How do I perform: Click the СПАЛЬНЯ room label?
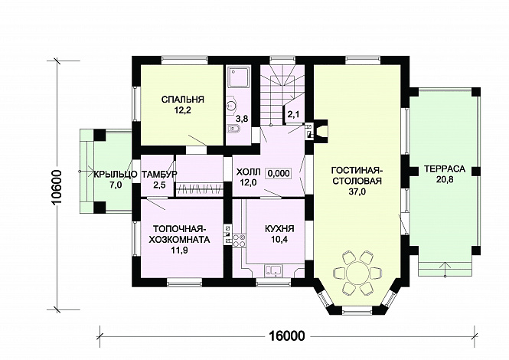click(x=183, y=100)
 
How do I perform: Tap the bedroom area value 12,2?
click(x=182, y=110)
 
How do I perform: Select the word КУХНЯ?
click(x=279, y=229)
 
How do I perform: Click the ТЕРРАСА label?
click(x=445, y=169)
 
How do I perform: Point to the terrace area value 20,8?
click(x=445, y=180)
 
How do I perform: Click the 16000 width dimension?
click(x=287, y=336)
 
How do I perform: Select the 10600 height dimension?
click(x=58, y=187)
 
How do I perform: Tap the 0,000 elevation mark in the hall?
click(x=279, y=173)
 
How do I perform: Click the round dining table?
click(x=357, y=272)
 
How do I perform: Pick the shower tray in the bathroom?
click(x=239, y=77)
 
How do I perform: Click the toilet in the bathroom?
click(x=233, y=129)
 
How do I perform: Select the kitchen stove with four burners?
click(x=240, y=241)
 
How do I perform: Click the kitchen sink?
click(x=273, y=270)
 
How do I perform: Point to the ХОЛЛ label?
click(x=248, y=172)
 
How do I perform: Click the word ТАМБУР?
click(x=159, y=174)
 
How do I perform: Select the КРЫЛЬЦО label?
click(x=116, y=175)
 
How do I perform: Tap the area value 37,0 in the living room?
click(x=357, y=192)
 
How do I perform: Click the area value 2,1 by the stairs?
click(x=293, y=114)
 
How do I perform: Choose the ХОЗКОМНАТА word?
click(x=180, y=240)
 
